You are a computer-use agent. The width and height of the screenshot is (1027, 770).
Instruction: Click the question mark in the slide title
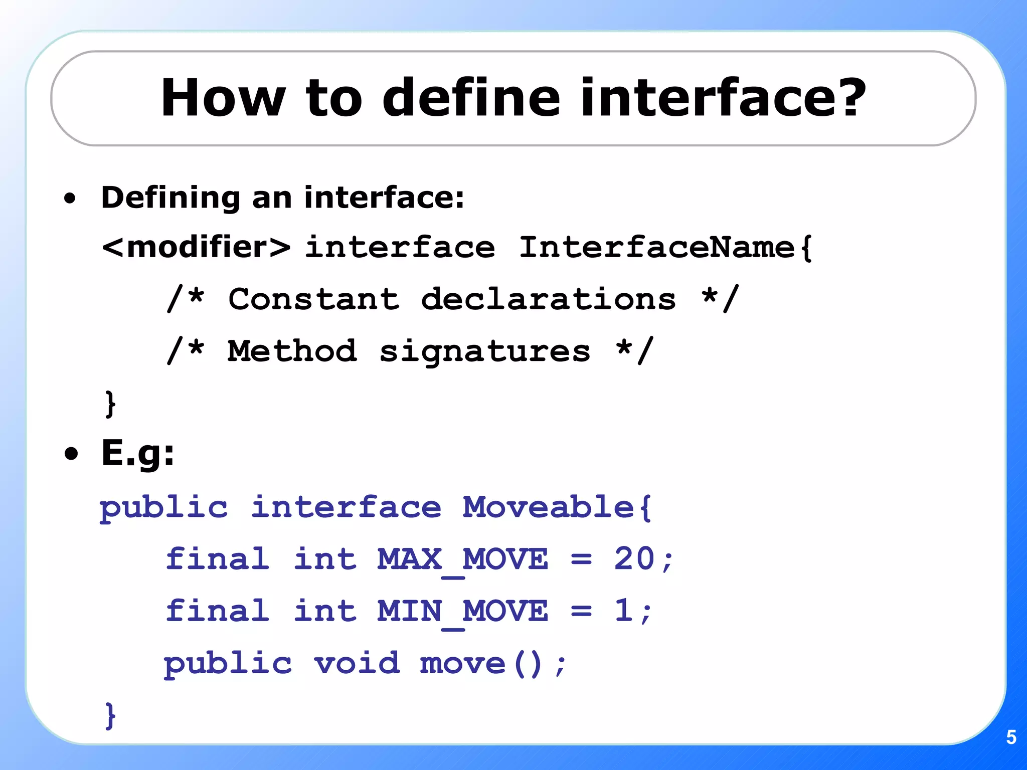(847, 97)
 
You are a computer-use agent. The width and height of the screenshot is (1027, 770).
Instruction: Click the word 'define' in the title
(471, 97)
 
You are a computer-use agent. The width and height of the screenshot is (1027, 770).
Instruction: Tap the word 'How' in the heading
(223, 97)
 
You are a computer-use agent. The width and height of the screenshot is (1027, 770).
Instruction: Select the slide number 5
(1011, 737)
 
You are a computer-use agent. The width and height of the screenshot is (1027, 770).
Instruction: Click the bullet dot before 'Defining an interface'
(70, 199)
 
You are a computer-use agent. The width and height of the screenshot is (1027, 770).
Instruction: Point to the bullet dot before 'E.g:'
(72, 454)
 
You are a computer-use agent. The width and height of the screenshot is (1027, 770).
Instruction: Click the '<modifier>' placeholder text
(196, 247)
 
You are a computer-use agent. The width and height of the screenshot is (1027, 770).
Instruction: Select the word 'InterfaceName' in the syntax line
(657, 247)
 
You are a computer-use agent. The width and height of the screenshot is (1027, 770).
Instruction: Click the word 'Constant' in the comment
(314, 299)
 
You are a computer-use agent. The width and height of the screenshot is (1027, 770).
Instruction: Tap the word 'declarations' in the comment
(548, 299)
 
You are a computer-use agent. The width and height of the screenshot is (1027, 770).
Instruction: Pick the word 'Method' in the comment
(292, 351)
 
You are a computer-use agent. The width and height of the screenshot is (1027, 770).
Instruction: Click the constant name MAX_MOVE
(462, 559)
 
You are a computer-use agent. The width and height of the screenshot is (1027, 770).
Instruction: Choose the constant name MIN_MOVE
(462, 612)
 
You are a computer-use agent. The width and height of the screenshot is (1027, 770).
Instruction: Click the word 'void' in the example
(357, 663)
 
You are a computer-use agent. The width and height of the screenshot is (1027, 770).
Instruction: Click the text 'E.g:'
(138, 454)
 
